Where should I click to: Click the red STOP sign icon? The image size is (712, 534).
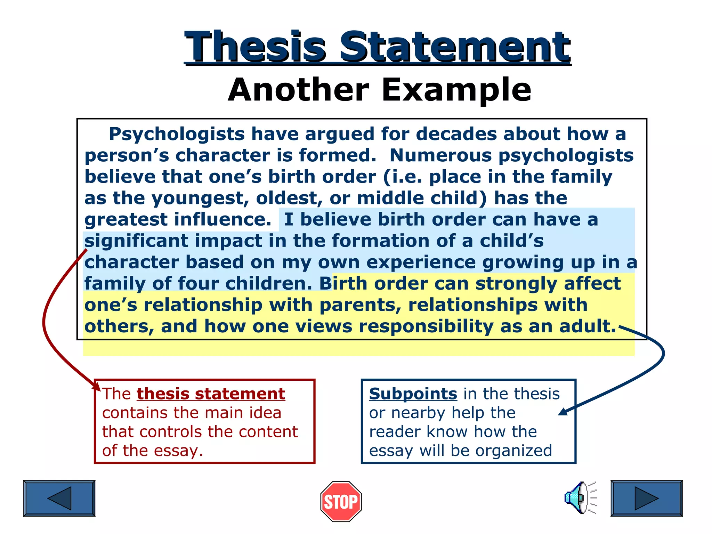tap(341, 501)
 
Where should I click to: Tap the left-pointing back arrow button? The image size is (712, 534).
tap(59, 498)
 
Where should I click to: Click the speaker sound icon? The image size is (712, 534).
tap(580, 498)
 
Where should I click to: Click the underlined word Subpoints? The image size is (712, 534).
tap(413, 394)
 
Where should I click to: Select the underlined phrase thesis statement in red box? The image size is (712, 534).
tap(211, 394)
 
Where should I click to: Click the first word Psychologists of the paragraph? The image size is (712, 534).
tap(177, 134)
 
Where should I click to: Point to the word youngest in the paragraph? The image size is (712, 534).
tap(200, 198)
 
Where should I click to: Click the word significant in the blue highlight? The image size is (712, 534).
tap(136, 241)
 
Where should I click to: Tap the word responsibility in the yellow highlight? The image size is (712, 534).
tap(426, 326)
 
